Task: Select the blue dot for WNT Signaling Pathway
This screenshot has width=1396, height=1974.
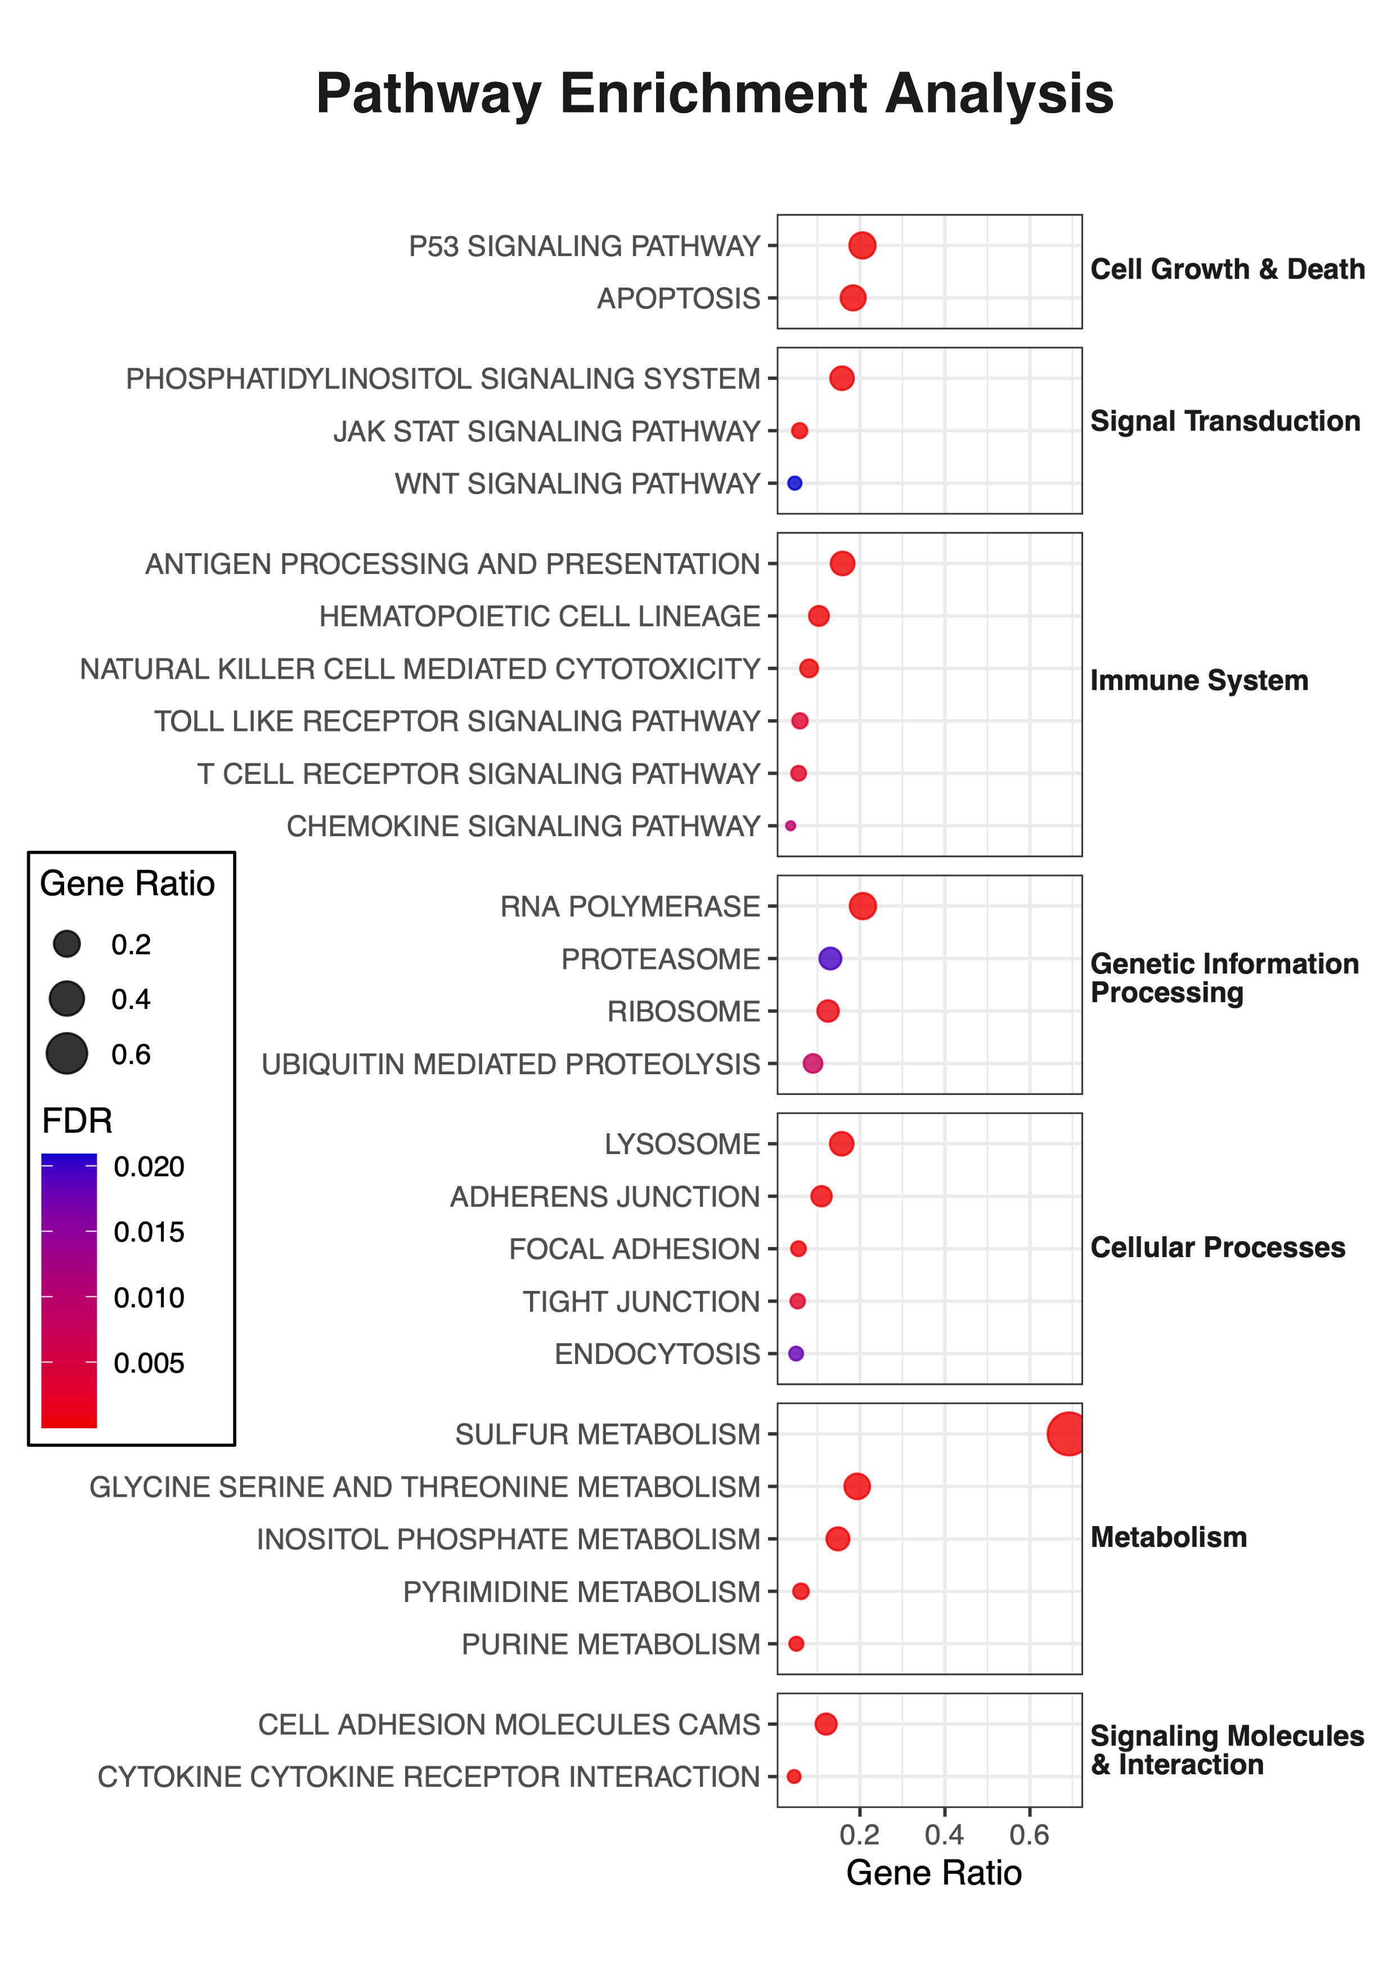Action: point(794,483)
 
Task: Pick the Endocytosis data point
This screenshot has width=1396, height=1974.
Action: point(796,1353)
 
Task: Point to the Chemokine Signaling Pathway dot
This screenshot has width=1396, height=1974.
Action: point(790,826)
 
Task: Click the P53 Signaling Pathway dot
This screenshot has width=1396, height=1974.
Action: point(862,245)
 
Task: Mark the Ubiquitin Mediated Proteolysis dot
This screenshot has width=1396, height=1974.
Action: point(813,1064)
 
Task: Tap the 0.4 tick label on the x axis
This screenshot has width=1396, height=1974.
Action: point(944,1834)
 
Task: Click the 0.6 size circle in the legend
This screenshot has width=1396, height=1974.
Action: point(66,1054)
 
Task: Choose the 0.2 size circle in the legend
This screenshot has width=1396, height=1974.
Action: point(66,944)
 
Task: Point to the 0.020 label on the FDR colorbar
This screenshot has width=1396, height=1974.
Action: point(149,1167)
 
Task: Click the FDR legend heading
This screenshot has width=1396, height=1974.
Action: point(77,1121)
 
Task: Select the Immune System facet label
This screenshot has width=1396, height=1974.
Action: point(1199,680)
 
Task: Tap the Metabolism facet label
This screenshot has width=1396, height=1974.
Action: point(1168,1537)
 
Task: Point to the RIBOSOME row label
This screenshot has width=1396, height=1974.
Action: point(684,1011)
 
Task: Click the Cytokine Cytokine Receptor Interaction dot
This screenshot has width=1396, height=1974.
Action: point(793,1776)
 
